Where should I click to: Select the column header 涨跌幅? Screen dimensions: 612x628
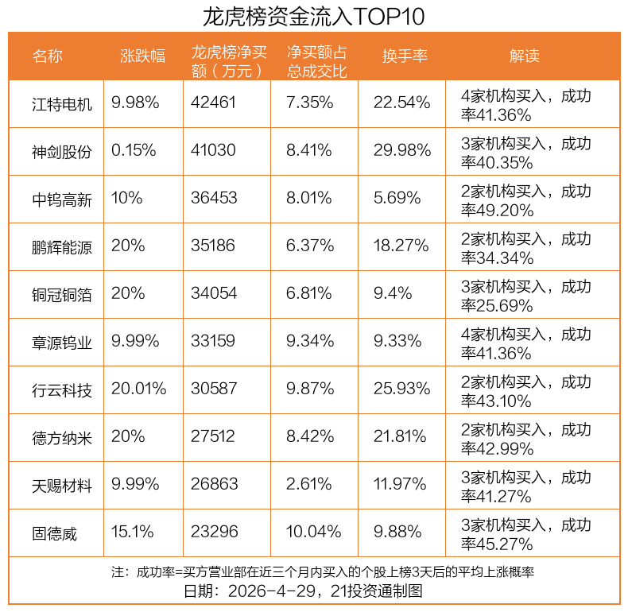pos(143,56)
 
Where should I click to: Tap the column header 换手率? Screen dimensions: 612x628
pos(405,56)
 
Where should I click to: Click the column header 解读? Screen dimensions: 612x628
pos(525,56)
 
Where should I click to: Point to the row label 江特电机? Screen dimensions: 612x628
pos(62,103)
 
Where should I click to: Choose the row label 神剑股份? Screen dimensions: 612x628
pos(62,151)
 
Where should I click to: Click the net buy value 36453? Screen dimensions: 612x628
pos(214,199)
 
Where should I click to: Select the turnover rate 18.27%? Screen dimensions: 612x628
pos(402,246)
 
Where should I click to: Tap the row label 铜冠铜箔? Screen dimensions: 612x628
pos(62,294)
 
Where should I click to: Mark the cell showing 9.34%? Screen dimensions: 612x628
pos(309,342)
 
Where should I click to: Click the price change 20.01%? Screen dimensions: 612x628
pos(139,389)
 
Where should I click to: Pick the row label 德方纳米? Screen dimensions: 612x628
pos(62,437)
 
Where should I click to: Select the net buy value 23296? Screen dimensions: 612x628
pos(214,533)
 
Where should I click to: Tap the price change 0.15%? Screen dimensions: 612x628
pos(134,151)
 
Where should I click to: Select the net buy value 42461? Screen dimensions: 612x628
pos(214,103)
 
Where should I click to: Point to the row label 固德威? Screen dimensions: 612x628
pos(55,533)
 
